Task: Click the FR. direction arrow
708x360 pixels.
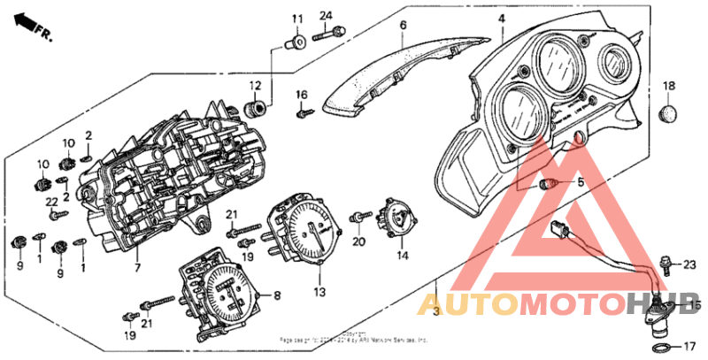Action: (34, 26)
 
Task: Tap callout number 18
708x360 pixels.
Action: (668, 86)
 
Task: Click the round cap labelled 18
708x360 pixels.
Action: (669, 114)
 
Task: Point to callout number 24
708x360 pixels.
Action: (325, 16)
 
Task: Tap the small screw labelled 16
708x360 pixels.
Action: (302, 112)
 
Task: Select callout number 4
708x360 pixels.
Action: (501, 18)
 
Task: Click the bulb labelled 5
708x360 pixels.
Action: (549, 184)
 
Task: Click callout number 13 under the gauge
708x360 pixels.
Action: (319, 290)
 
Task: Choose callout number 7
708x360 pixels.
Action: (137, 266)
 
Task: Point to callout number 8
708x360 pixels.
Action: (277, 295)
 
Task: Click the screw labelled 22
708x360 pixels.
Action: (58, 213)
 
